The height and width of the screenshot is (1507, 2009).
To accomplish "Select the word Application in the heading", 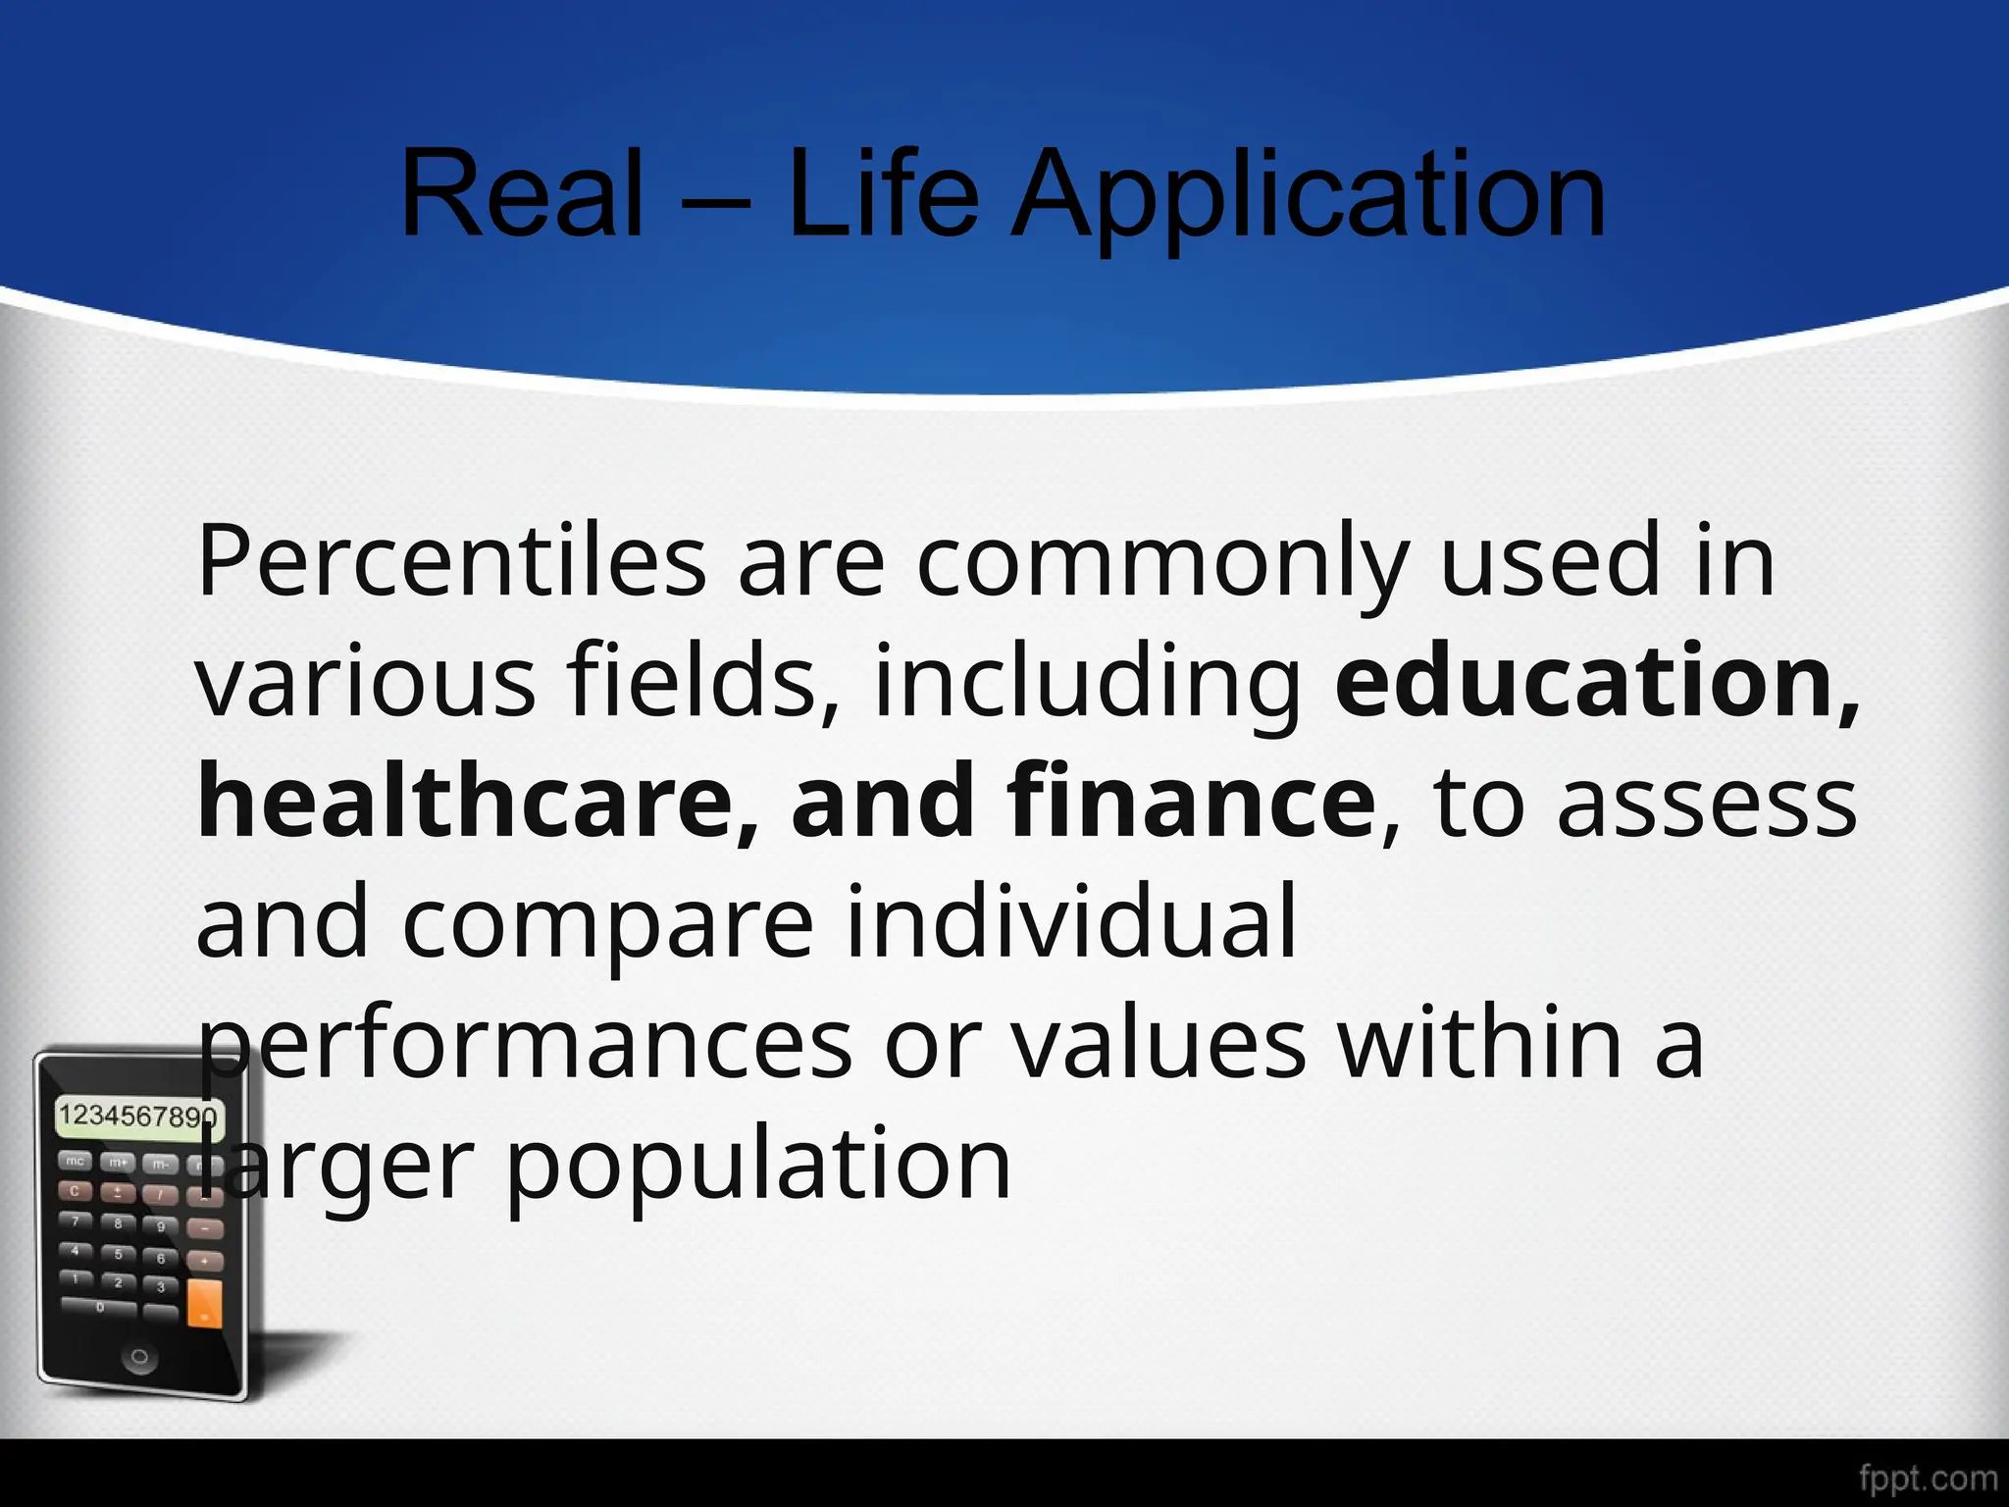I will tap(1309, 196).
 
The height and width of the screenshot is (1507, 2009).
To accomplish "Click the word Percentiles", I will tap(451, 561).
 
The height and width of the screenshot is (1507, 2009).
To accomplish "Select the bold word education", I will tap(1583, 681).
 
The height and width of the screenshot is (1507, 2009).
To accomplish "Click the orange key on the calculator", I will tap(204, 1303).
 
